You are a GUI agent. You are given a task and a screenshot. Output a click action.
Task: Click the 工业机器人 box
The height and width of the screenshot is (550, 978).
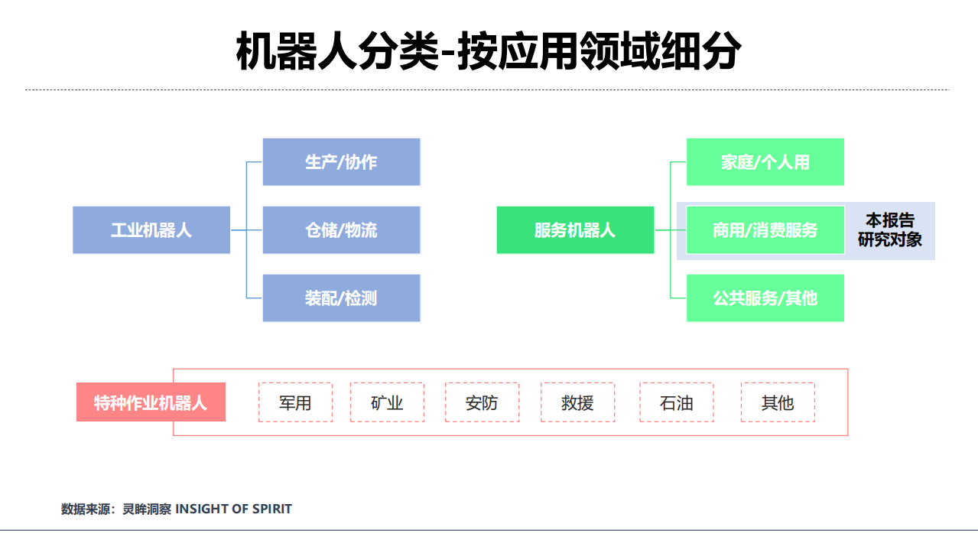(151, 229)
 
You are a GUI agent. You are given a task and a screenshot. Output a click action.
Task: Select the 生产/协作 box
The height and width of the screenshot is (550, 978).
(341, 161)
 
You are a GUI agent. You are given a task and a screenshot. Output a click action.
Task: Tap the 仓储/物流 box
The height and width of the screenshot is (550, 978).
(341, 229)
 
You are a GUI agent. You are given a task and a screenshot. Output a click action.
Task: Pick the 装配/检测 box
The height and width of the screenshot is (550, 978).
(341, 298)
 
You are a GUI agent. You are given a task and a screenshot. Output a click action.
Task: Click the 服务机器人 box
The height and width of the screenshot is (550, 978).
(575, 229)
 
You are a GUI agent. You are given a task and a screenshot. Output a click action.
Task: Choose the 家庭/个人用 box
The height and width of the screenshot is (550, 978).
(765, 161)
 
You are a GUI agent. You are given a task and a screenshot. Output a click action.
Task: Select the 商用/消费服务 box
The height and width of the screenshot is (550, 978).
(765, 229)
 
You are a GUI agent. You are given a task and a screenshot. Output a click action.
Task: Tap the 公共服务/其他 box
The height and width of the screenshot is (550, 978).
(765, 298)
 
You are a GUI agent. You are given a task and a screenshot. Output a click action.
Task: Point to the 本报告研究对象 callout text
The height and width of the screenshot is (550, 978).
(889, 230)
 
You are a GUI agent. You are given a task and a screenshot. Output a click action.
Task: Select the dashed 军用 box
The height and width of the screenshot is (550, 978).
(295, 402)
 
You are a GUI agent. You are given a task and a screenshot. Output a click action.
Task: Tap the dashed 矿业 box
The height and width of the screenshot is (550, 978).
(387, 402)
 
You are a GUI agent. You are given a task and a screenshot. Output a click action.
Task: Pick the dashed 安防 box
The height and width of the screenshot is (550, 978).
(482, 402)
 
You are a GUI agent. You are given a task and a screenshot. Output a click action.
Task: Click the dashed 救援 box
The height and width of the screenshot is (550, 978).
(577, 402)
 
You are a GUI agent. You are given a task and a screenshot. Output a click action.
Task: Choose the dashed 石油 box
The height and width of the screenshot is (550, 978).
(677, 402)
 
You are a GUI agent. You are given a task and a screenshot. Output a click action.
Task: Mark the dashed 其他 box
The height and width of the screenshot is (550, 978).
(778, 402)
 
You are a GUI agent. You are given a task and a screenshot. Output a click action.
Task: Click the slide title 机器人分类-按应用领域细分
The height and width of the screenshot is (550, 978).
(489, 52)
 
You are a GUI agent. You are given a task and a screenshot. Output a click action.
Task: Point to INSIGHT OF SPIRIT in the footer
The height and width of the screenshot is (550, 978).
(234, 509)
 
